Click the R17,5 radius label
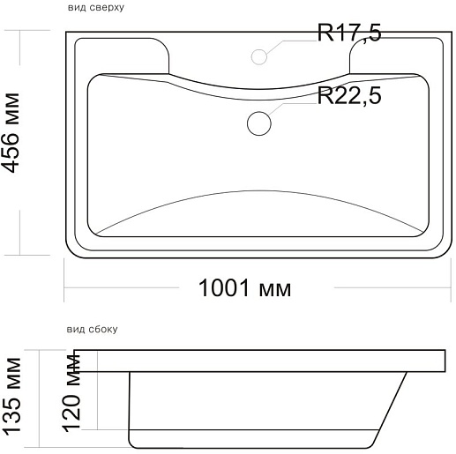click(x=349, y=33)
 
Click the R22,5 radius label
click(x=349, y=95)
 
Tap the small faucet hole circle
click(x=259, y=56)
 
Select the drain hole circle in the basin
click(x=259, y=123)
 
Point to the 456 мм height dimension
click(x=11, y=133)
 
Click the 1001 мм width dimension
click(x=245, y=288)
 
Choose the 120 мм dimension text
click(x=71, y=393)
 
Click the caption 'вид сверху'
click(x=96, y=7)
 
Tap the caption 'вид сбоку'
click(x=93, y=329)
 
